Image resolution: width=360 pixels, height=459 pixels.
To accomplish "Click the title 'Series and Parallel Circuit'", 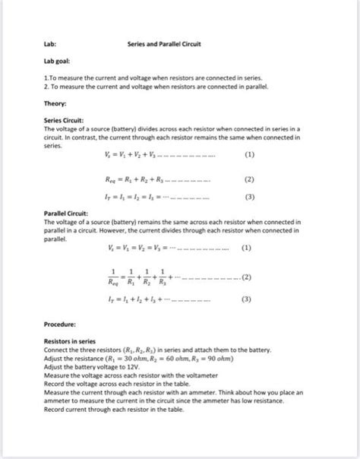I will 163,44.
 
